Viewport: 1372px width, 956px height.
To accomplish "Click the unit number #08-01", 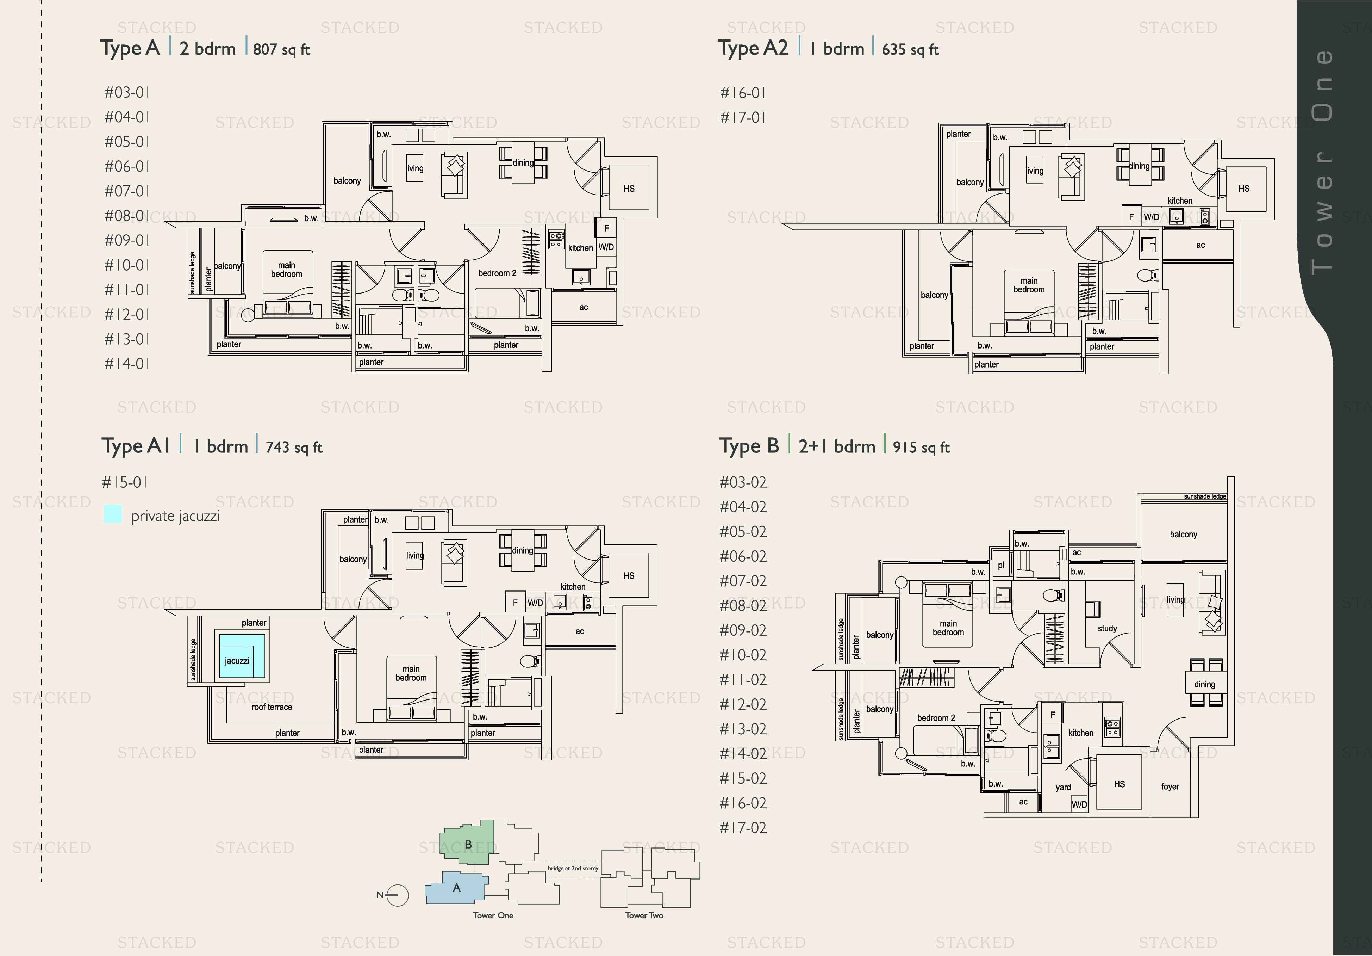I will coord(127,216).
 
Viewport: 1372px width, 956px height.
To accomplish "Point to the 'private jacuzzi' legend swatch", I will coord(113,514).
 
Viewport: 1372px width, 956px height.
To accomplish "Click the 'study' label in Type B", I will coord(1107,628).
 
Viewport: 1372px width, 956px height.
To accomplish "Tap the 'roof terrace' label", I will coord(272,707).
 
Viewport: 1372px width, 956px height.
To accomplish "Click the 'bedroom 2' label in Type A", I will coord(497,273).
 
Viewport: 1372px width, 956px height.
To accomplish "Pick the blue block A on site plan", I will coord(456,888).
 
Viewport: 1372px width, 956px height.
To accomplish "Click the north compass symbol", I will coord(395,895).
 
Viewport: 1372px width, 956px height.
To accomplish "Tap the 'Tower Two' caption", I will coord(644,915).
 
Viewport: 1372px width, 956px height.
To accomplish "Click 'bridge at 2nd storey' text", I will coord(573,868).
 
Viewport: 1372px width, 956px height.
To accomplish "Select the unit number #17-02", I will coord(743,828).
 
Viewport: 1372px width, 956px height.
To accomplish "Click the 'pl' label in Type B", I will coord(1001,565).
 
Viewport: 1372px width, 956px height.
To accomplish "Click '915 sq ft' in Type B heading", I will coord(921,447).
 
